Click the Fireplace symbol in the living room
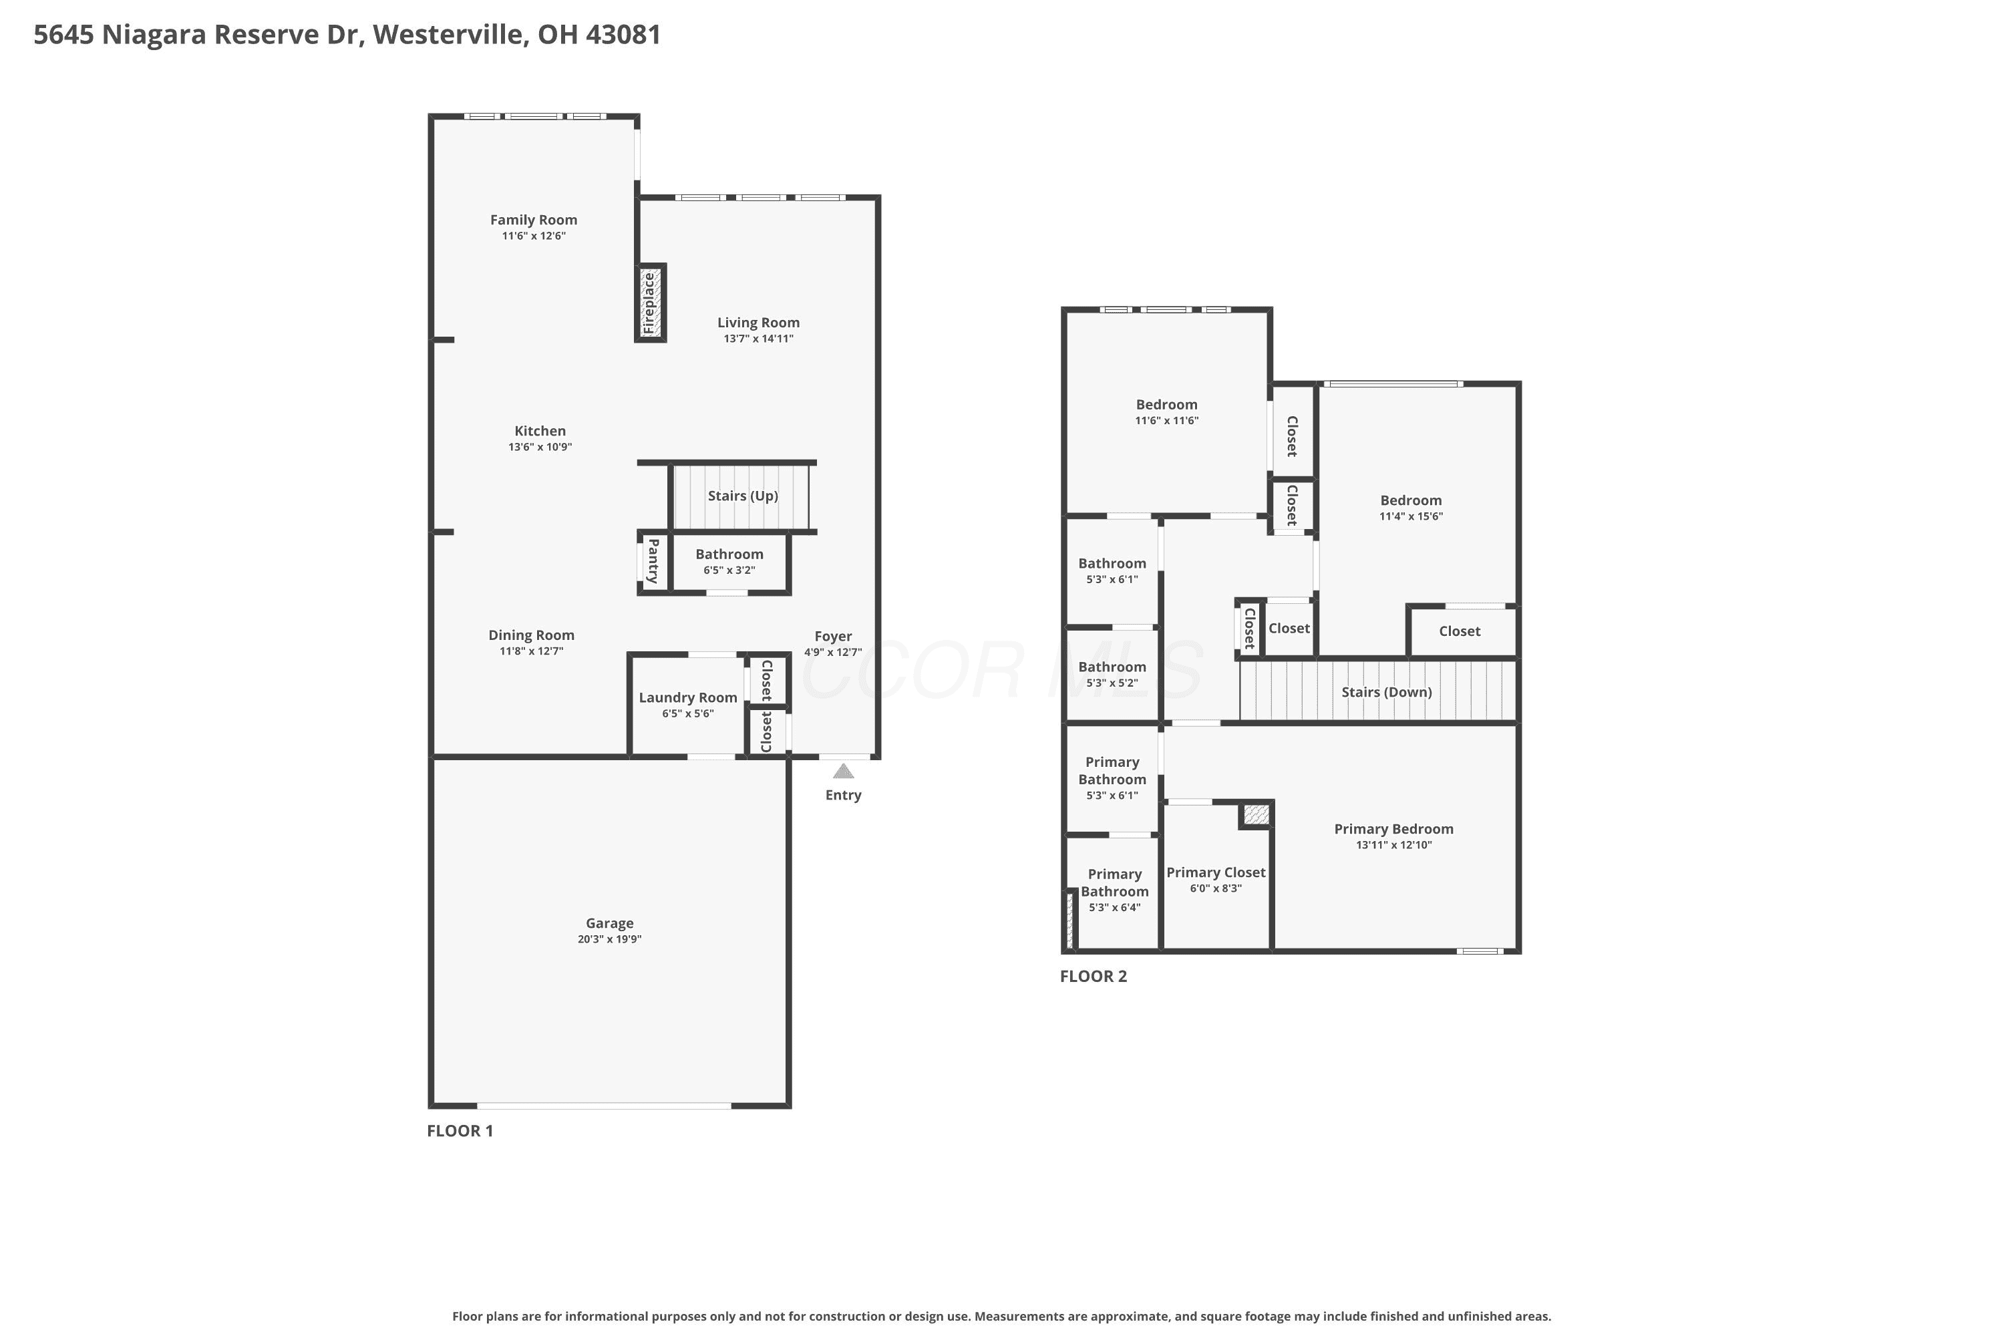pyautogui.click(x=650, y=303)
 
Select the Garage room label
pyautogui.click(x=609, y=923)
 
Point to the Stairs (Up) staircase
pyautogui.click(x=741, y=496)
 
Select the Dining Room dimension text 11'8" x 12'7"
pyautogui.click(x=531, y=651)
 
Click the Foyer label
pyautogui.click(x=832, y=637)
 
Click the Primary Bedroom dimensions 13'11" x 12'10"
pyautogui.click(x=1394, y=845)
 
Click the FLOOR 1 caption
pyautogui.click(x=460, y=1131)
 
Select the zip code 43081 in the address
pyautogui.click(x=624, y=34)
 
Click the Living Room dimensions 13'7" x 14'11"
pyautogui.click(x=758, y=338)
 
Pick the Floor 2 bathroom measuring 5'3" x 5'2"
pyautogui.click(x=1112, y=674)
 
